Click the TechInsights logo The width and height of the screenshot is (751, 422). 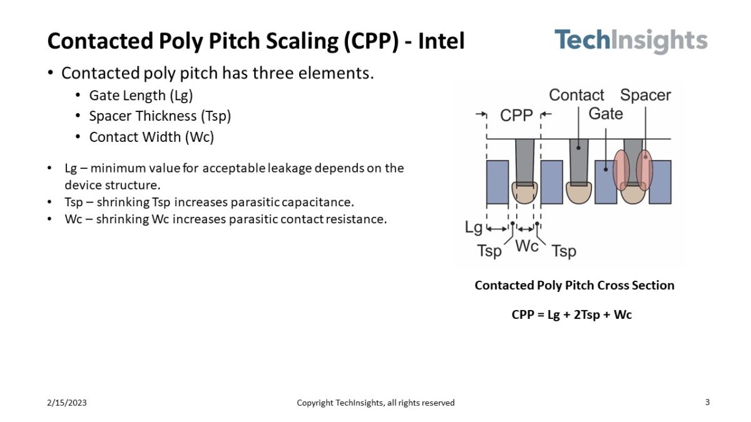(630, 41)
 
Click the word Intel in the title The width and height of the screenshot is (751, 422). (441, 41)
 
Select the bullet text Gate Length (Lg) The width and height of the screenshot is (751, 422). (141, 96)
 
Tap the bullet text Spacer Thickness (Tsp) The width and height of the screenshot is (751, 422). (160, 116)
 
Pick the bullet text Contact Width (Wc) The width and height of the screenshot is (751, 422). (151, 137)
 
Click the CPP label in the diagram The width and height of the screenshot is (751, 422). (516, 115)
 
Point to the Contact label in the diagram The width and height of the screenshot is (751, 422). (576, 95)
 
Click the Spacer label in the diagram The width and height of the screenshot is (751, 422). (645, 95)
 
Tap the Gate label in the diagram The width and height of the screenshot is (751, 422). (605, 114)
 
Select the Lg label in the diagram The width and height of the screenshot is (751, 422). (474, 228)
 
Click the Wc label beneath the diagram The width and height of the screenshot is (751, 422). (526, 246)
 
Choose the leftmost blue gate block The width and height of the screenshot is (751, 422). (498, 182)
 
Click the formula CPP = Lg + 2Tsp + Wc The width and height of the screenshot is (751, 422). (571, 315)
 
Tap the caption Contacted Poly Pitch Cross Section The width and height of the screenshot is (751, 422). (574, 285)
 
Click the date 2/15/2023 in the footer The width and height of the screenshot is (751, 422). (67, 403)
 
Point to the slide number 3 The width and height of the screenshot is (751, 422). (707, 403)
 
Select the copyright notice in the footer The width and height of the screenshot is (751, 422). (375, 403)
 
